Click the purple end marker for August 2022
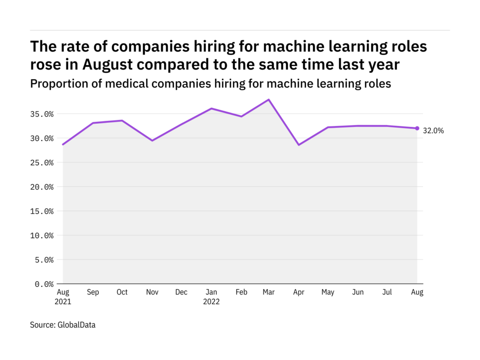pyautogui.click(x=417, y=128)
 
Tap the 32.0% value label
pyautogui.click(x=433, y=131)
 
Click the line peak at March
pyautogui.click(x=269, y=99)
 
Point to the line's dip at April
pyautogui.click(x=299, y=145)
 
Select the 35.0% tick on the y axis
pyautogui.click(x=42, y=114)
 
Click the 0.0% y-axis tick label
pyautogui.click(x=44, y=284)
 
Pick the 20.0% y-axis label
pyautogui.click(x=42, y=187)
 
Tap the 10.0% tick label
pyautogui.click(x=42, y=235)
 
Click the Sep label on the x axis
pyautogui.click(x=93, y=292)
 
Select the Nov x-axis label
pyautogui.click(x=152, y=292)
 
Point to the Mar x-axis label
pyautogui.click(x=269, y=292)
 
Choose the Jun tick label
pyautogui.click(x=358, y=292)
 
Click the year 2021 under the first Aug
pyautogui.click(x=63, y=302)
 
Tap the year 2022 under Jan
pyautogui.click(x=211, y=302)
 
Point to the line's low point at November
pyautogui.click(x=152, y=141)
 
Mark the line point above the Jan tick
pyautogui.click(x=211, y=108)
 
